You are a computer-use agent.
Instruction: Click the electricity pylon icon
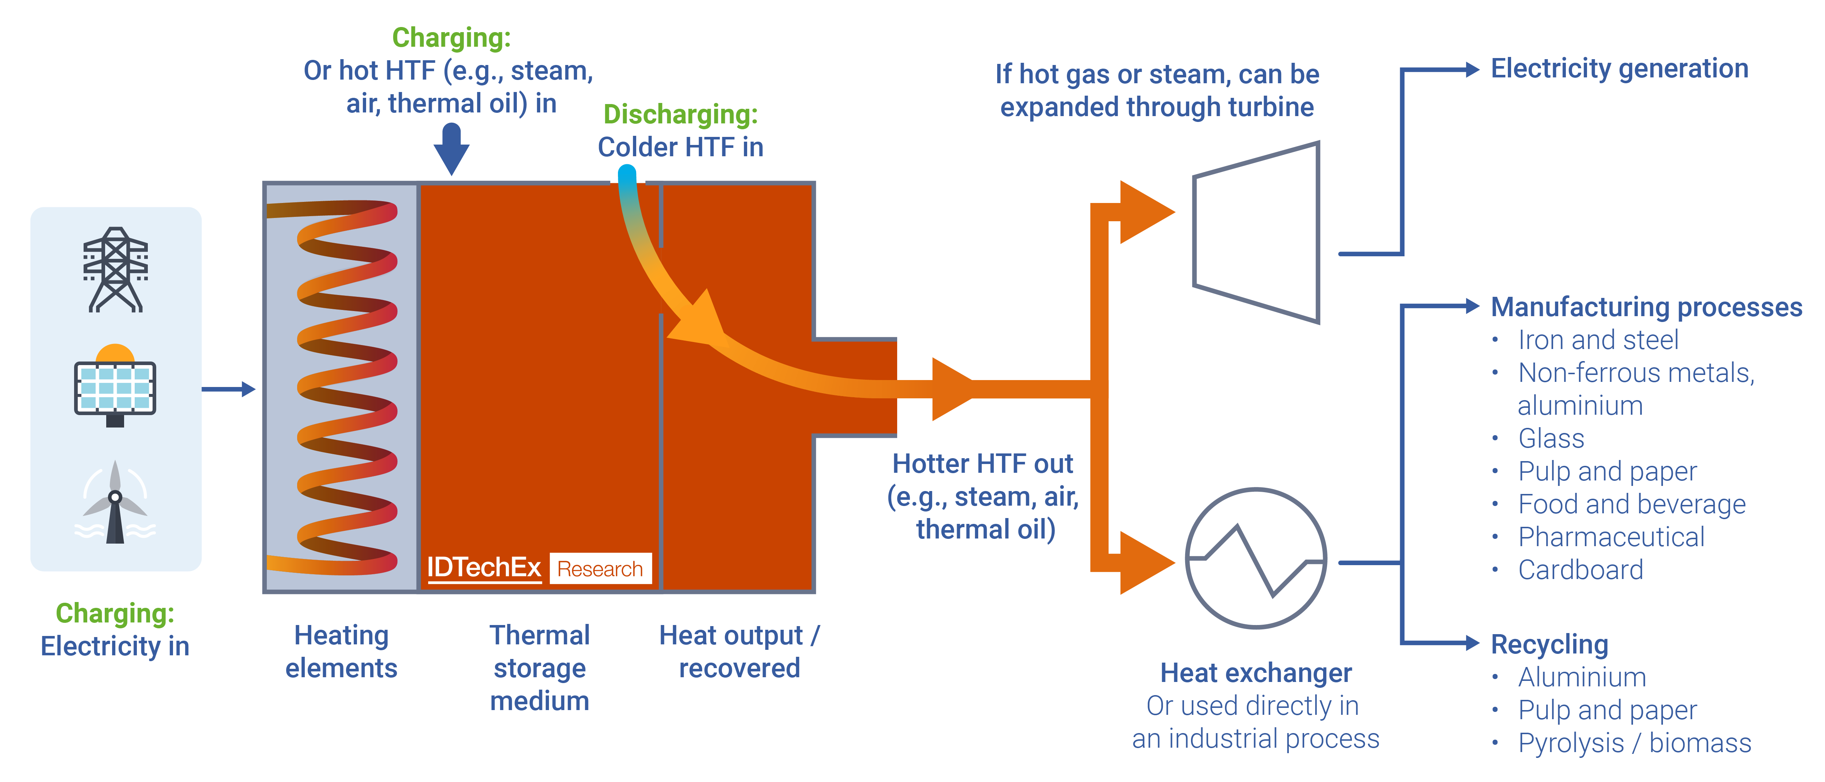(x=115, y=269)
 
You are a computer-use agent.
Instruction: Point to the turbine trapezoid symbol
(x=1256, y=232)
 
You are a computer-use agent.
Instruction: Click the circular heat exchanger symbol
(x=1256, y=558)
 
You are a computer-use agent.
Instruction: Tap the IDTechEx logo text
(x=484, y=568)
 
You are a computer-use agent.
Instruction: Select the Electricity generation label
(x=1620, y=69)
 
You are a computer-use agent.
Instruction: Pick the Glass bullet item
(x=1551, y=438)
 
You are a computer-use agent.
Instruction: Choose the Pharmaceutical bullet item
(x=1611, y=537)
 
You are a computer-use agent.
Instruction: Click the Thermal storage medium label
(x=540, y=668)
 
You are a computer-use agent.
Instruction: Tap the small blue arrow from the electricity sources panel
(x=228, y=389)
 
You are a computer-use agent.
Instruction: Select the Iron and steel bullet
(x=1598, y=340)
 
